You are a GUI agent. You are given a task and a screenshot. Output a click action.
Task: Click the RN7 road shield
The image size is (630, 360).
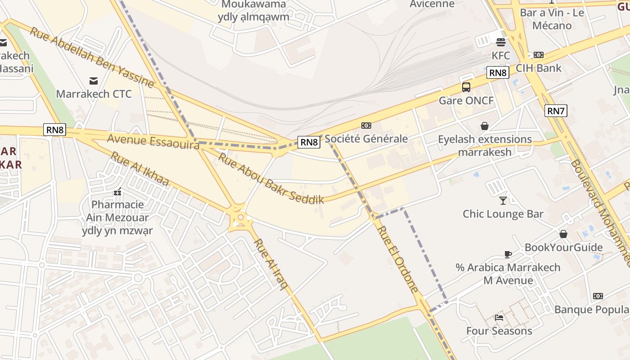556,111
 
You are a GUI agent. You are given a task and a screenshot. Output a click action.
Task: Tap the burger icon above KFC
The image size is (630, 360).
500,42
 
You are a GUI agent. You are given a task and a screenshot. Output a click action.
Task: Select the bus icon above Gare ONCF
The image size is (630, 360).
466,87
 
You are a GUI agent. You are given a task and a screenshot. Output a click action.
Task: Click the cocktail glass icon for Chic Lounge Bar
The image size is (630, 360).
503,200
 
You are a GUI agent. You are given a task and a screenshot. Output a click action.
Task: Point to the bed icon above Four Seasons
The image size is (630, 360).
499,317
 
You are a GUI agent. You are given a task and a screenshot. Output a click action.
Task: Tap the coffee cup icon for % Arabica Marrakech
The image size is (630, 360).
508,254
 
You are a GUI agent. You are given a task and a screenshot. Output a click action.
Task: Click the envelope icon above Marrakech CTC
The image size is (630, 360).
94,81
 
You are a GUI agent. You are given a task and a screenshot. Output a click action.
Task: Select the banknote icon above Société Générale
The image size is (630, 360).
366,126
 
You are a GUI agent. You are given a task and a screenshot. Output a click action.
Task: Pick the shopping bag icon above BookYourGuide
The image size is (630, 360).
563,234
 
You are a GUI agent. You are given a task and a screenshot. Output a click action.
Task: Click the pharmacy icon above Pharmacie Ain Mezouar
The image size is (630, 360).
118,192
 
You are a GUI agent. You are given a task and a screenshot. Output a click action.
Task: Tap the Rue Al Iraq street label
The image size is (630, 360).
270,264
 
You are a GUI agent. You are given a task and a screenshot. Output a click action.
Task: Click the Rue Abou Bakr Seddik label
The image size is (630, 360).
271,179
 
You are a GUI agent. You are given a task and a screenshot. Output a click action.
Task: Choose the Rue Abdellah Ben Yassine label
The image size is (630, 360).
92,57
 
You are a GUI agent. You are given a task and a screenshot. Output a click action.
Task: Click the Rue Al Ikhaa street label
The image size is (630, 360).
139,169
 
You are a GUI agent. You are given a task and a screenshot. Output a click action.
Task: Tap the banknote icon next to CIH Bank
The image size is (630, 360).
538,55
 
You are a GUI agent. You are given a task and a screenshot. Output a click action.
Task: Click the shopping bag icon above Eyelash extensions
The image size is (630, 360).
484,126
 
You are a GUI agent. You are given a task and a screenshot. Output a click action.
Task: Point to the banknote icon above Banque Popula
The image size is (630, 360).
598,296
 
